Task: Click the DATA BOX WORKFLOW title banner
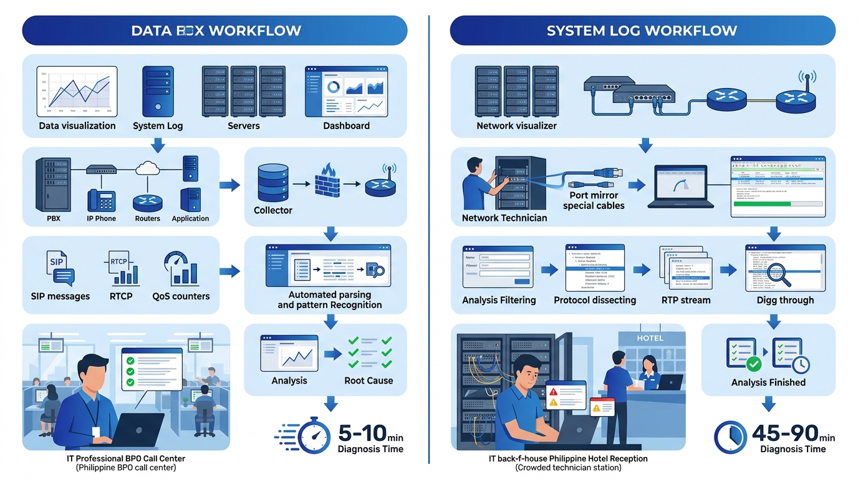[x=215, y=31]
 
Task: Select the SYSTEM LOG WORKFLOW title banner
[x=642, y=31]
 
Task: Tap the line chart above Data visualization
[x=77, y=91]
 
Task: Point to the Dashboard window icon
[x=346, y=92]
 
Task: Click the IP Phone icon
[x=102, y=201]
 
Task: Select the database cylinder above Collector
[x=272, y=183]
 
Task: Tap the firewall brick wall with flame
[x=325, y=181]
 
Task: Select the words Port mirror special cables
[x=593, y=200]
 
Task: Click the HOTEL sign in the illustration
[x=650, y=338]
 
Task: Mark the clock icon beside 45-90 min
[x=730, y=436]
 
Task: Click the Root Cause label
[x=369, y=380]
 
